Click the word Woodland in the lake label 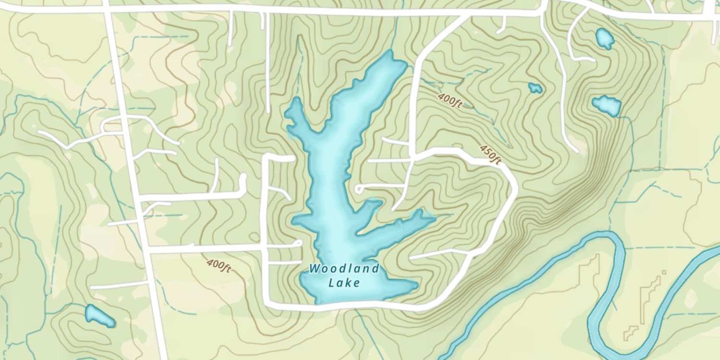click(x=344, y=268)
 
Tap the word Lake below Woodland click(x=344, y=283)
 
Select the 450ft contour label click(x=491, y=154)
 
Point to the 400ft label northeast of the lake click(x=450, y=100)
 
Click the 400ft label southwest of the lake click(x=218, y=265)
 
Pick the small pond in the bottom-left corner click(x=99, y=315)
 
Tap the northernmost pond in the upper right click(x=604, y=38)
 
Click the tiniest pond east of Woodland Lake click(x=535, y=88)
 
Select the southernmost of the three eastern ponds click(x=607, y=105)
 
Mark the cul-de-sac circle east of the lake click(x=358, y=189)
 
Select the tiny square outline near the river click(x=664, y=273)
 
